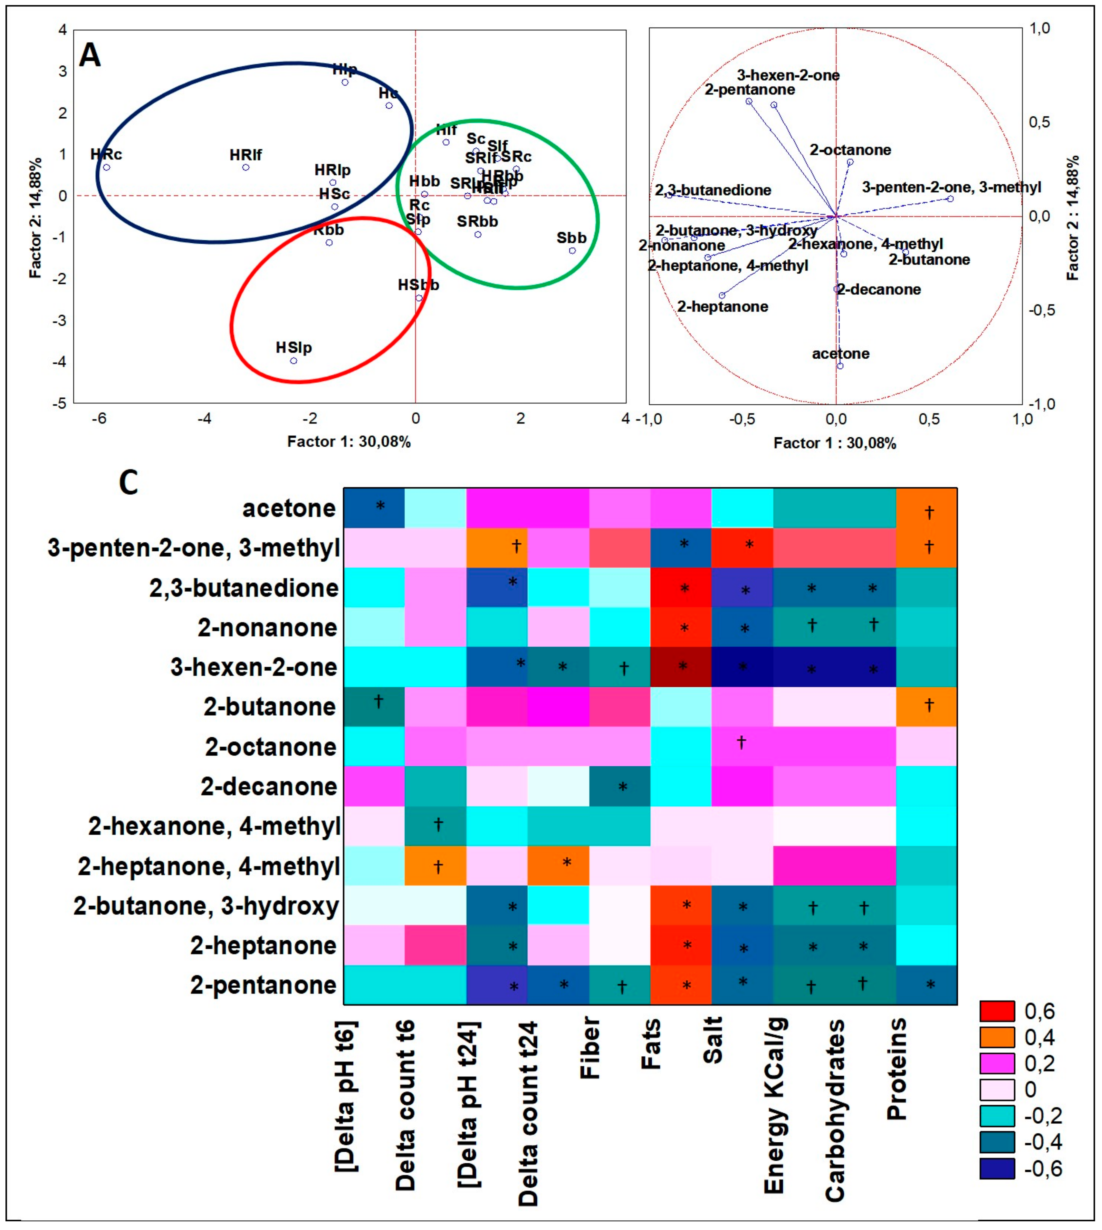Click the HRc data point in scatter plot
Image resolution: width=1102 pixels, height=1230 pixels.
click(x=107, y=167)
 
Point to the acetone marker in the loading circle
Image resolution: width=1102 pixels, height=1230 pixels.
click(x=840, y=366)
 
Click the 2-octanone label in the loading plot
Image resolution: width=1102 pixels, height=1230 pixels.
click(x=850, y=150)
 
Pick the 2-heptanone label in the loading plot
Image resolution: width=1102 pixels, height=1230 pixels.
click(x=722, y=306)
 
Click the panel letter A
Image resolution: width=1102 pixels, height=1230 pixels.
click(x=90, y=56)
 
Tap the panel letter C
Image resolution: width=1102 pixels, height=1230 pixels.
click(x=128, y=483)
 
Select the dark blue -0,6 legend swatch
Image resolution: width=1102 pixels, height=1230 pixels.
click(x=997, y=1168)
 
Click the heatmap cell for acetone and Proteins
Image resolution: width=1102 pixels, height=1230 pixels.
click(x=926, y=508)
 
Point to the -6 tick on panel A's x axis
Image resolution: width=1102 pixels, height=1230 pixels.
click(x=99, y=419)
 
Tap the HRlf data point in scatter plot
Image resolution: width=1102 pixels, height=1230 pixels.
click(x=246, y=167)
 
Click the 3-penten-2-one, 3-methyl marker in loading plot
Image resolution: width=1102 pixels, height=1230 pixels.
click(x=950, y=199)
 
